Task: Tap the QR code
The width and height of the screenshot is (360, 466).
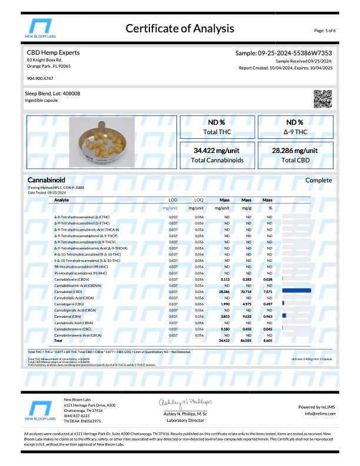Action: pos(323,99)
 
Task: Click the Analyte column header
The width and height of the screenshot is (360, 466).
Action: pos(61,200)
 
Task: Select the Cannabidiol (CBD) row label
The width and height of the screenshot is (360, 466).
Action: pos(68,291)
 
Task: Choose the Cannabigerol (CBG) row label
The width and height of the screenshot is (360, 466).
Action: pos(68,304)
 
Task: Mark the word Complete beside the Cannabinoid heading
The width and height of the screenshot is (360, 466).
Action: pos(318,180)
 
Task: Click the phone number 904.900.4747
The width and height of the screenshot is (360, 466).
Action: pos(39,78)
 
